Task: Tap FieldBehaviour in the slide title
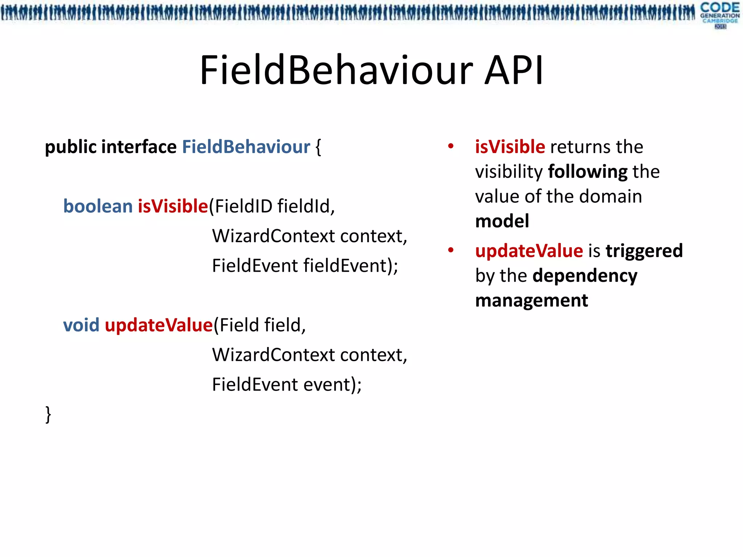click(336, 70)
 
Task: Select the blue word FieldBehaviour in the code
click(246, 147)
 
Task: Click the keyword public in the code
click(70, 147)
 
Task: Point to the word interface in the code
click(139, 147)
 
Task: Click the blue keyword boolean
click(98, 206)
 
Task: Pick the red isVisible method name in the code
click(173, 206)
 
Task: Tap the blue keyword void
click(81, 325)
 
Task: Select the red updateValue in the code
click(159, 325)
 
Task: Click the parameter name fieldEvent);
click(350, 266)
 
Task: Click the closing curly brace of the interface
click(48, 414)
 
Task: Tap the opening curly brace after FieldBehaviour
click(318, 147)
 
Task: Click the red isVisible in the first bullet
click(510, 147)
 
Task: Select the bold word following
click(588, 172)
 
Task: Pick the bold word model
click(502, 221)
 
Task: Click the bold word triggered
click(644, 251)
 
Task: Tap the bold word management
click(531, 301)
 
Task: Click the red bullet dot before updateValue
click(451, 250)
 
